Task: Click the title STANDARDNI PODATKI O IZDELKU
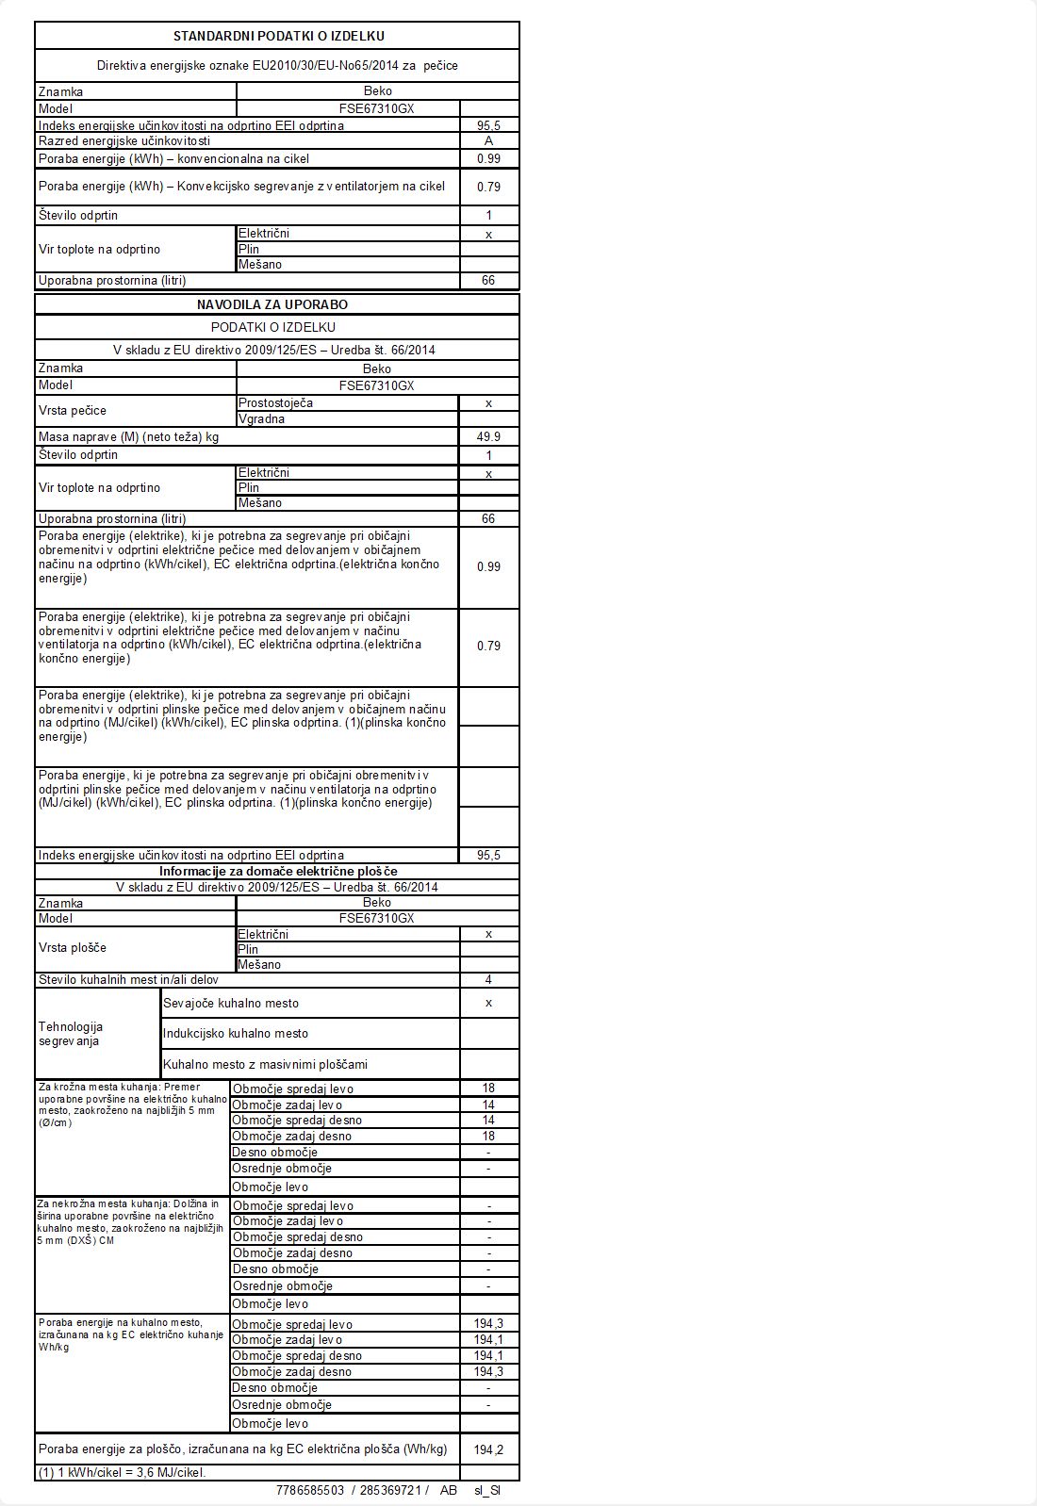coord(278,36)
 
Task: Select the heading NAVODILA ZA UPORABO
coord(272,304)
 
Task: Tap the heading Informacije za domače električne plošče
coord(278,871)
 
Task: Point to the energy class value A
coord(488,141)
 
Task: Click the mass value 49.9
coord(488,436)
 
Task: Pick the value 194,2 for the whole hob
coord(488,1449)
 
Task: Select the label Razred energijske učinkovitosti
coord(124,141)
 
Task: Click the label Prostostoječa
coord(275,402)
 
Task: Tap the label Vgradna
coord(262,419)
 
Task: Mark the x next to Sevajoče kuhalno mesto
coord(488,1003)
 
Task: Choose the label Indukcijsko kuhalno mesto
coord(236,1033)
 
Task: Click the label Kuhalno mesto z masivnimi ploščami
coord(266,1064)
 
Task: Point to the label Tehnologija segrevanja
coord(71,1034)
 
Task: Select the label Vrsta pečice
coord(73,411)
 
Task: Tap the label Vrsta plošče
coord(73,948)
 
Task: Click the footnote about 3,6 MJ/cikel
coord(122,1472)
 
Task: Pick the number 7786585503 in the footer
coord(310,1490)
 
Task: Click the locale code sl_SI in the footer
coord(487,1490)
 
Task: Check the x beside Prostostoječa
coord(488,403)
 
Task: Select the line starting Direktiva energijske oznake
coord(277,65)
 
